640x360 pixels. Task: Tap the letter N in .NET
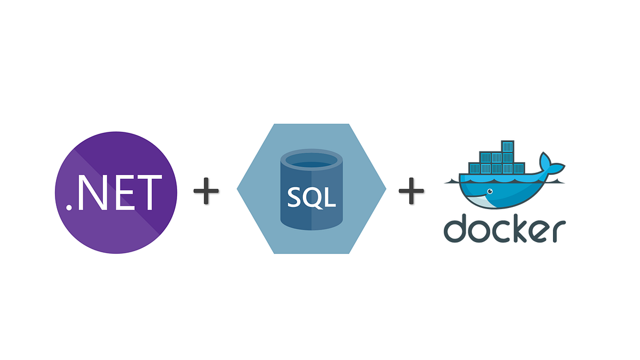pyautogui.click(x=92, y=191)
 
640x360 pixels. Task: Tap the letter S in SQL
pyautogui.click(x=295, y=198)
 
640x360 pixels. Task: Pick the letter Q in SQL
pyautogui.click(x=313, y=198)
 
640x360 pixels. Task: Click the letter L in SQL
pyautogui.click(x=330, y=198)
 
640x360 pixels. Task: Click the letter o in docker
pyautogui.click(x=478, y=231)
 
